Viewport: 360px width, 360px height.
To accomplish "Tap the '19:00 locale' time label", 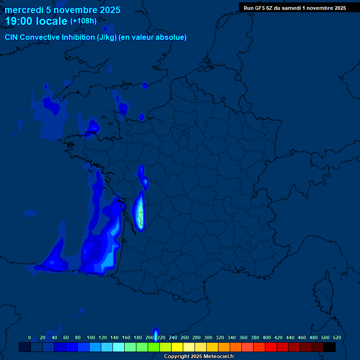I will point(36,21).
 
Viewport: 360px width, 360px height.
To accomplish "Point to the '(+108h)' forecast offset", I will point(83,21).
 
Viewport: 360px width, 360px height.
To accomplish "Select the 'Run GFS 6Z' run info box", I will point(294,7).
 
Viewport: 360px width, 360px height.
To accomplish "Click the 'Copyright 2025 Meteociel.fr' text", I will point(199,357).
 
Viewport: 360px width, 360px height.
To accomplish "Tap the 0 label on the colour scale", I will point(30,337).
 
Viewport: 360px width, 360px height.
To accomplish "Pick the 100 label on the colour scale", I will point(91,337).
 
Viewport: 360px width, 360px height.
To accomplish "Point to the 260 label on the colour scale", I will point(185,337).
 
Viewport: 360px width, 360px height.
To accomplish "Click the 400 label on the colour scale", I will point(267,337).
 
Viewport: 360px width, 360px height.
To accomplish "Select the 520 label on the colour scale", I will point(337,337).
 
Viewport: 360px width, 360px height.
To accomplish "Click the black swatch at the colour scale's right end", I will point(330,347).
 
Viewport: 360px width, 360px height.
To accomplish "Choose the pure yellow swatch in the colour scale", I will point(177,347).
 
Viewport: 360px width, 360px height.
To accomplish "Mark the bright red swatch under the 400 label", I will point(271,347).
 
